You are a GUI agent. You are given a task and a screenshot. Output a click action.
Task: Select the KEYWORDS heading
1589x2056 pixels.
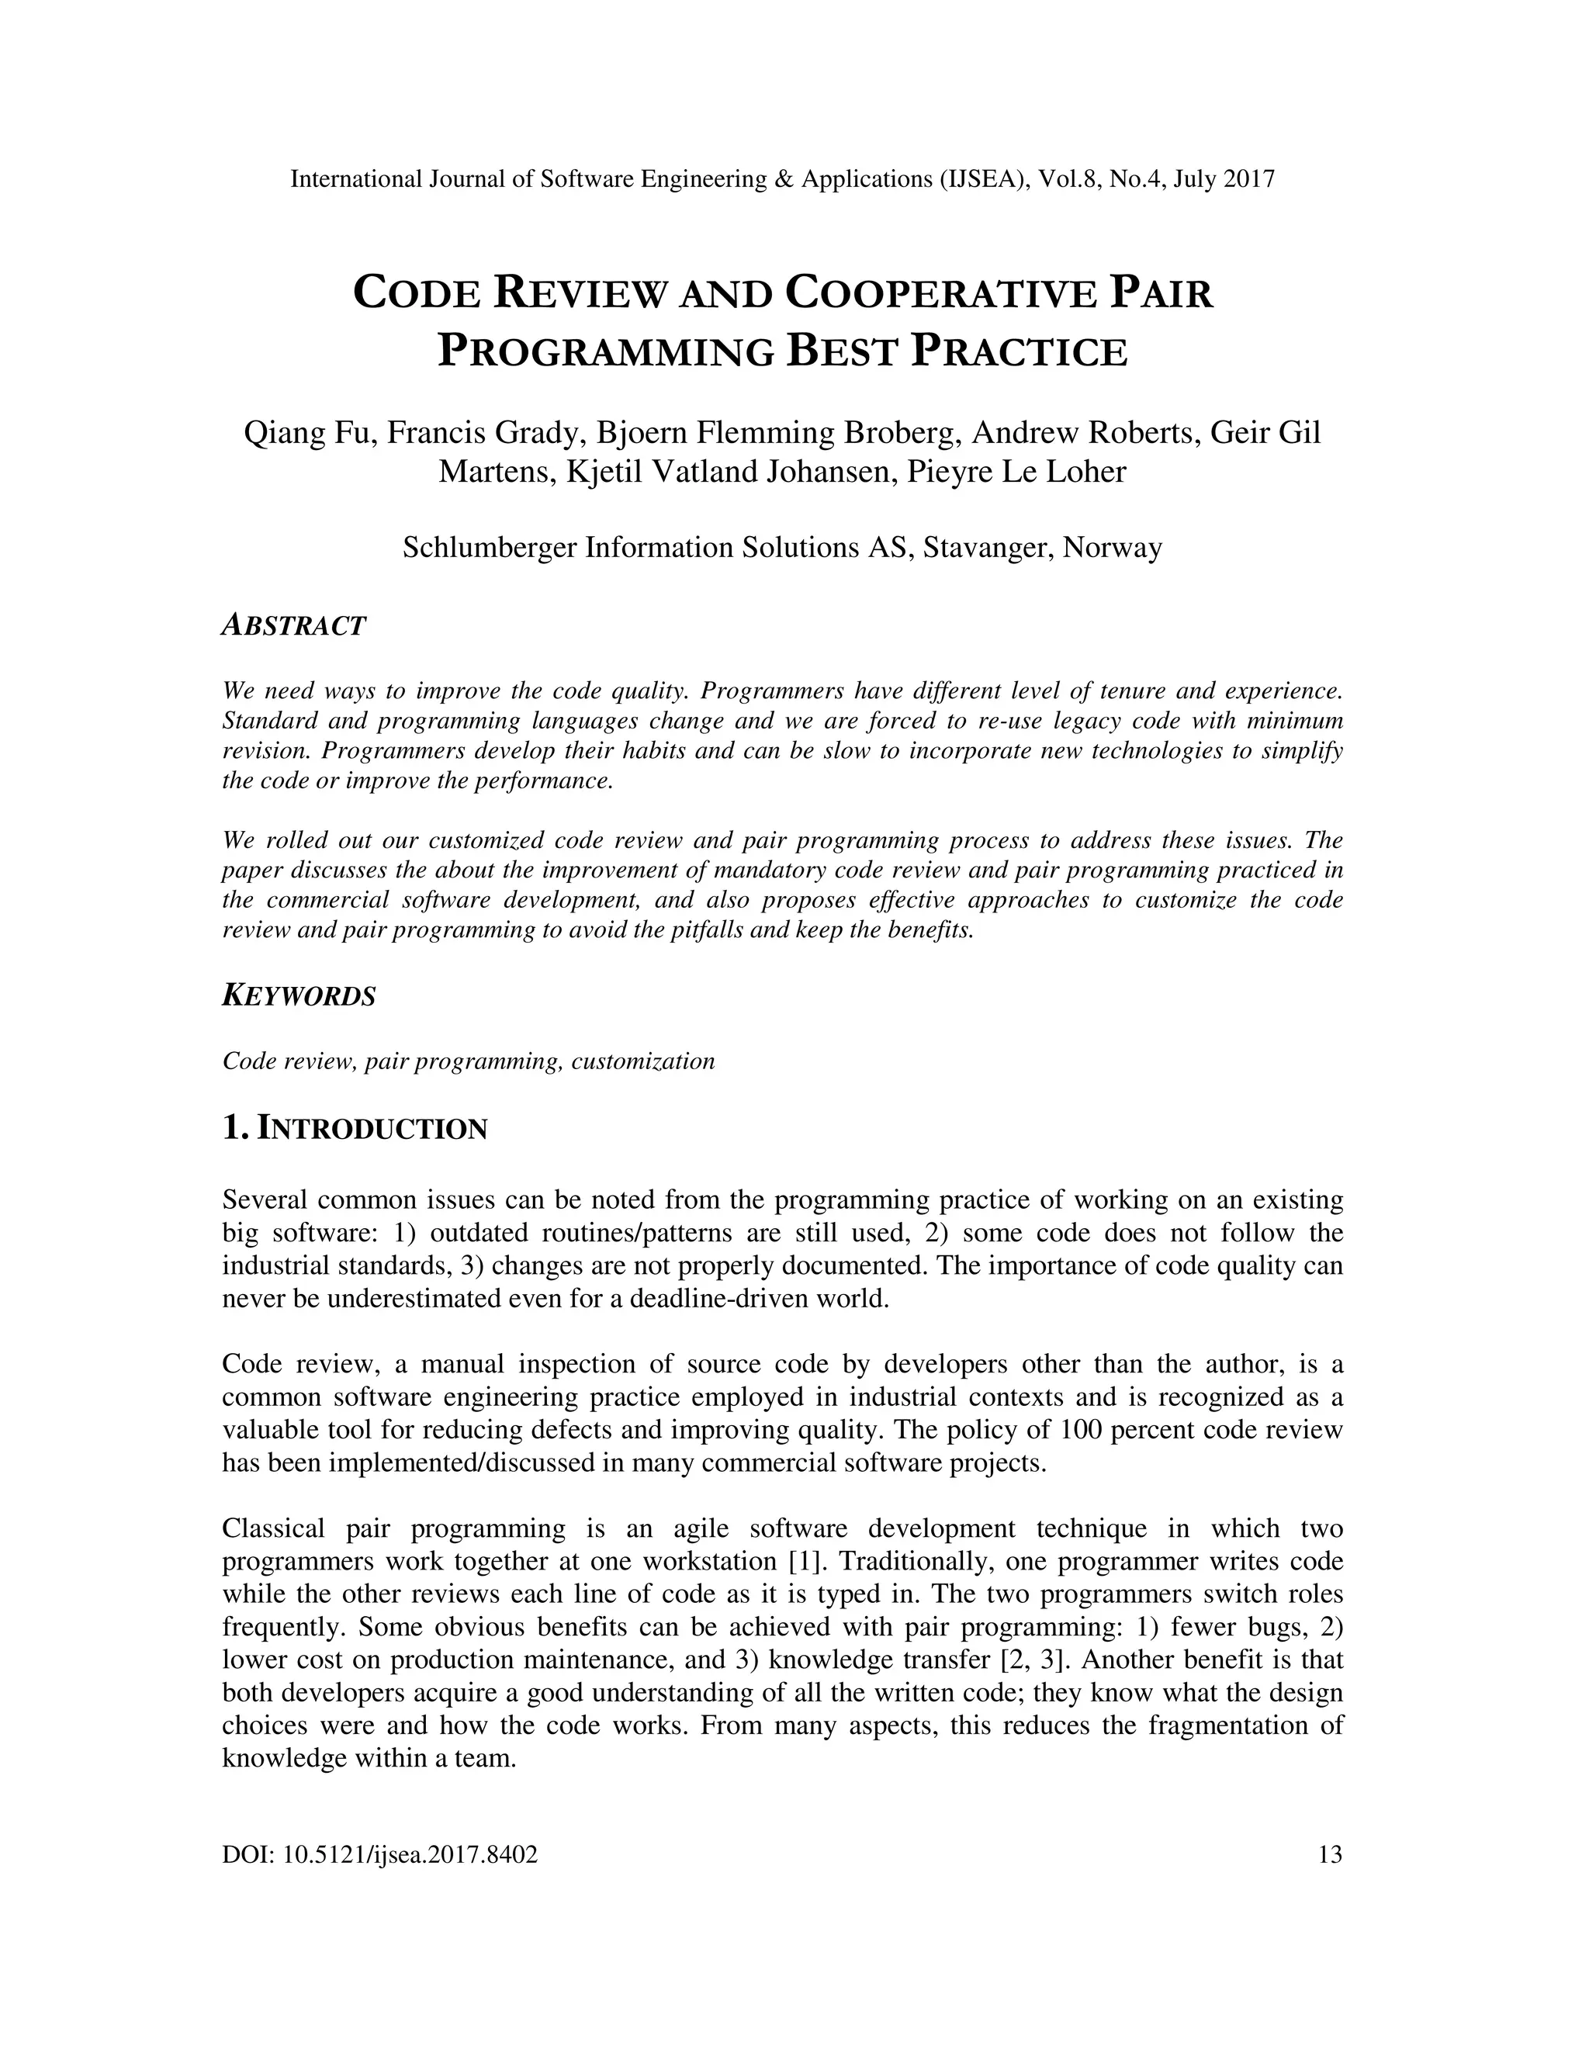[299, 996]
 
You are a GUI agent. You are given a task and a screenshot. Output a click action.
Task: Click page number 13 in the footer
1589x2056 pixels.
[1330, 1856]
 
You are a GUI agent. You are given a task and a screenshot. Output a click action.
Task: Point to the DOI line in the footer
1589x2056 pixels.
[380, 1856]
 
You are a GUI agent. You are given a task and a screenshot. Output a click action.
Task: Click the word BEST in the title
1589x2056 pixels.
[840, 351]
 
